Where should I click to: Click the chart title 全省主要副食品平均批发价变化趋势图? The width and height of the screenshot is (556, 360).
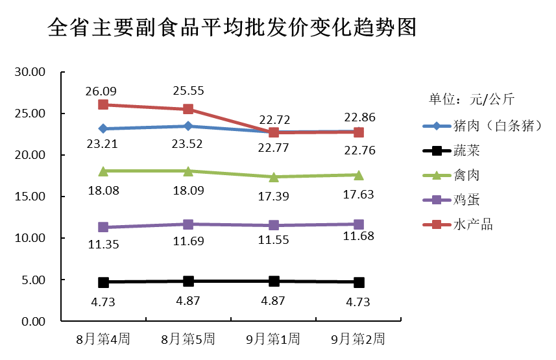pos(232,28)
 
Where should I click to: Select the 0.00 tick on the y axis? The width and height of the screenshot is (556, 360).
pos(32,322)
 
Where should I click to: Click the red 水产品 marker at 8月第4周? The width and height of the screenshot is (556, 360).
pos(103,104)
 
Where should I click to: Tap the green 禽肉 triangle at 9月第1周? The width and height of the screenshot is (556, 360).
pos(274,176)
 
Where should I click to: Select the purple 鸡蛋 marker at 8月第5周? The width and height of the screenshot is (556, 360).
pos(188,224)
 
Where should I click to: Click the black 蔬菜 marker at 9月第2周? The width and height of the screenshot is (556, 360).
pos(359,282)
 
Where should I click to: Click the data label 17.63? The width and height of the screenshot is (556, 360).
pos(358,194)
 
